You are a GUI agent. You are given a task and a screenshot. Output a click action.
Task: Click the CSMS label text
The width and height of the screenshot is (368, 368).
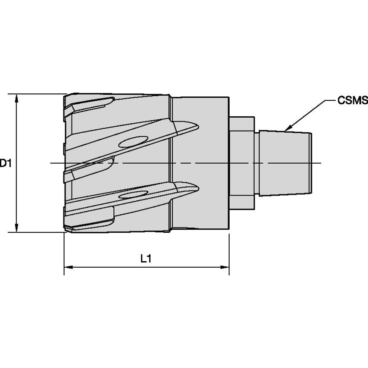pos(352,101)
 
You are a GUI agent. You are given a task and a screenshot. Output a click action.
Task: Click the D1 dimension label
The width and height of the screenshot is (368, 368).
pos(5,163)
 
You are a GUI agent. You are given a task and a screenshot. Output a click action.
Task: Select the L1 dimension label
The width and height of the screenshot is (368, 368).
pos(146,259)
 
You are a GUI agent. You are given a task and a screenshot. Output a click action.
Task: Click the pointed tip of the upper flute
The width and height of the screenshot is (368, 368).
pos(198,126)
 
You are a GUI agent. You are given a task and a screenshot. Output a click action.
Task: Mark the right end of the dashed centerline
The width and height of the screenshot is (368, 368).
pos(321,163)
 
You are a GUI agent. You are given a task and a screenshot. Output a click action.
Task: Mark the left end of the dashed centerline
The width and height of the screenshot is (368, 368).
pos(51,163)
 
